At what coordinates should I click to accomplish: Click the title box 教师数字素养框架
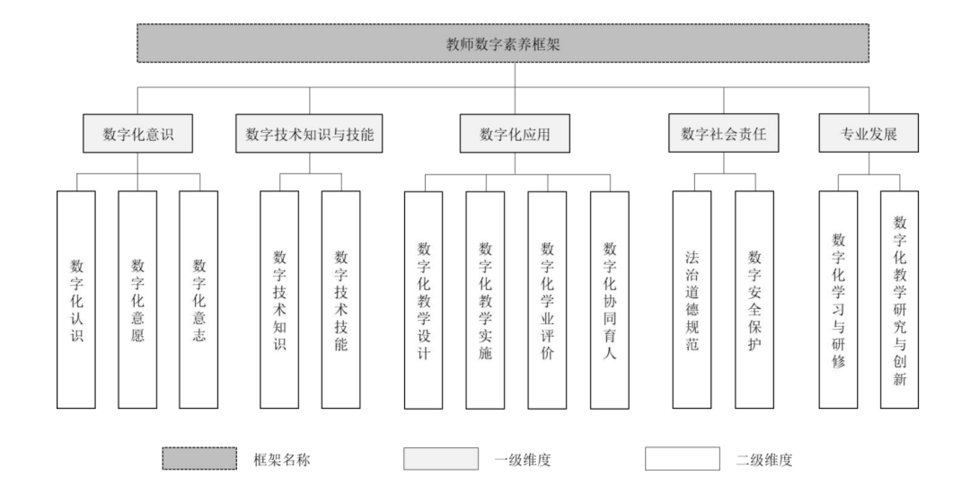503,43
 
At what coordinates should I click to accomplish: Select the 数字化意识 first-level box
138,133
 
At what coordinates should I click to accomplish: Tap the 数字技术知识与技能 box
309,133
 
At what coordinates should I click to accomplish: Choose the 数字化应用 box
515,133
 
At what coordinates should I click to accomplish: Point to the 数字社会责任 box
724,133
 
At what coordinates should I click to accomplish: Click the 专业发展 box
869,133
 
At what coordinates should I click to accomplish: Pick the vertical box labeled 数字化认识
76,299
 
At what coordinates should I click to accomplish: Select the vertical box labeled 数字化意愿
137,299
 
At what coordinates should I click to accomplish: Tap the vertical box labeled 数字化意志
198,299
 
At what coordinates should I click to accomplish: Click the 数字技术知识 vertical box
279,299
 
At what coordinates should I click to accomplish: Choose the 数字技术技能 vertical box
341,299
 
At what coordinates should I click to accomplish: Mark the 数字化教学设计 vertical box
424,300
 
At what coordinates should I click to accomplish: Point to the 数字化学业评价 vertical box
547,300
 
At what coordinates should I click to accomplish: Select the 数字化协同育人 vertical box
610,300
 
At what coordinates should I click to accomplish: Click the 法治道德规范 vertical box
692,299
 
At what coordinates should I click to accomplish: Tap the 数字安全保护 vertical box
754,299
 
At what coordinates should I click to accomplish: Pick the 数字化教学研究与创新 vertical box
899,299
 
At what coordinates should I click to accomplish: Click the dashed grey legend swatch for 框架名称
199,458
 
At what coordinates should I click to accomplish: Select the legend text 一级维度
523,460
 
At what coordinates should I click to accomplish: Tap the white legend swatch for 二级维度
683,458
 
